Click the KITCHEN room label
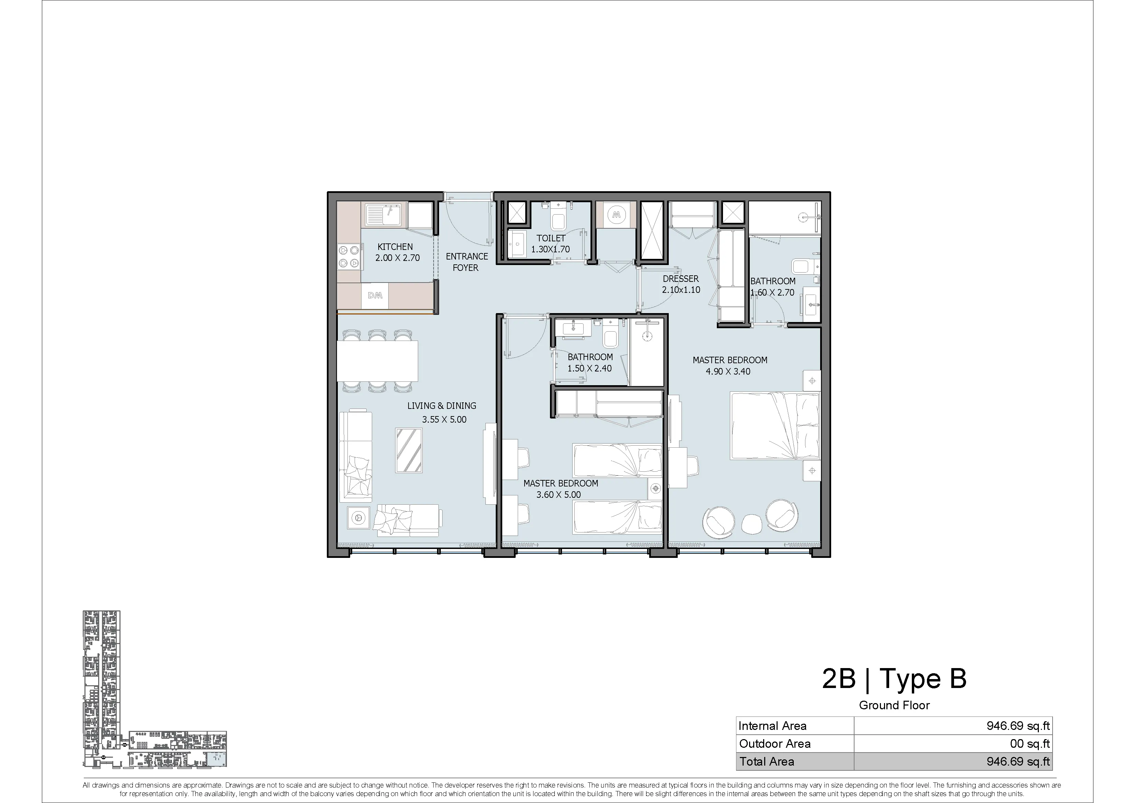point(395,246)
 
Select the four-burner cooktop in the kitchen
point(349,257)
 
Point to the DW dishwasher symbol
point(375,295)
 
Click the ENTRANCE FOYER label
point(466,262)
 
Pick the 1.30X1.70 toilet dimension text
point(550,249)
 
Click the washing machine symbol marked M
point(616,215)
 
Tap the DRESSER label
point(681,278)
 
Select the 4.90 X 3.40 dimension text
point(728,371)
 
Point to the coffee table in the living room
point(409,450)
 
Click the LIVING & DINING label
point(442,406)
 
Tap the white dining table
point(378,361)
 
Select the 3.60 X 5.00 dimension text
point(559,494)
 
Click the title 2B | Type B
point(894,678)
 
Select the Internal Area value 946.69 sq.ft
point(1018,725)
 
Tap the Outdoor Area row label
point(775,743)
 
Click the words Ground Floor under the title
point(895,705)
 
